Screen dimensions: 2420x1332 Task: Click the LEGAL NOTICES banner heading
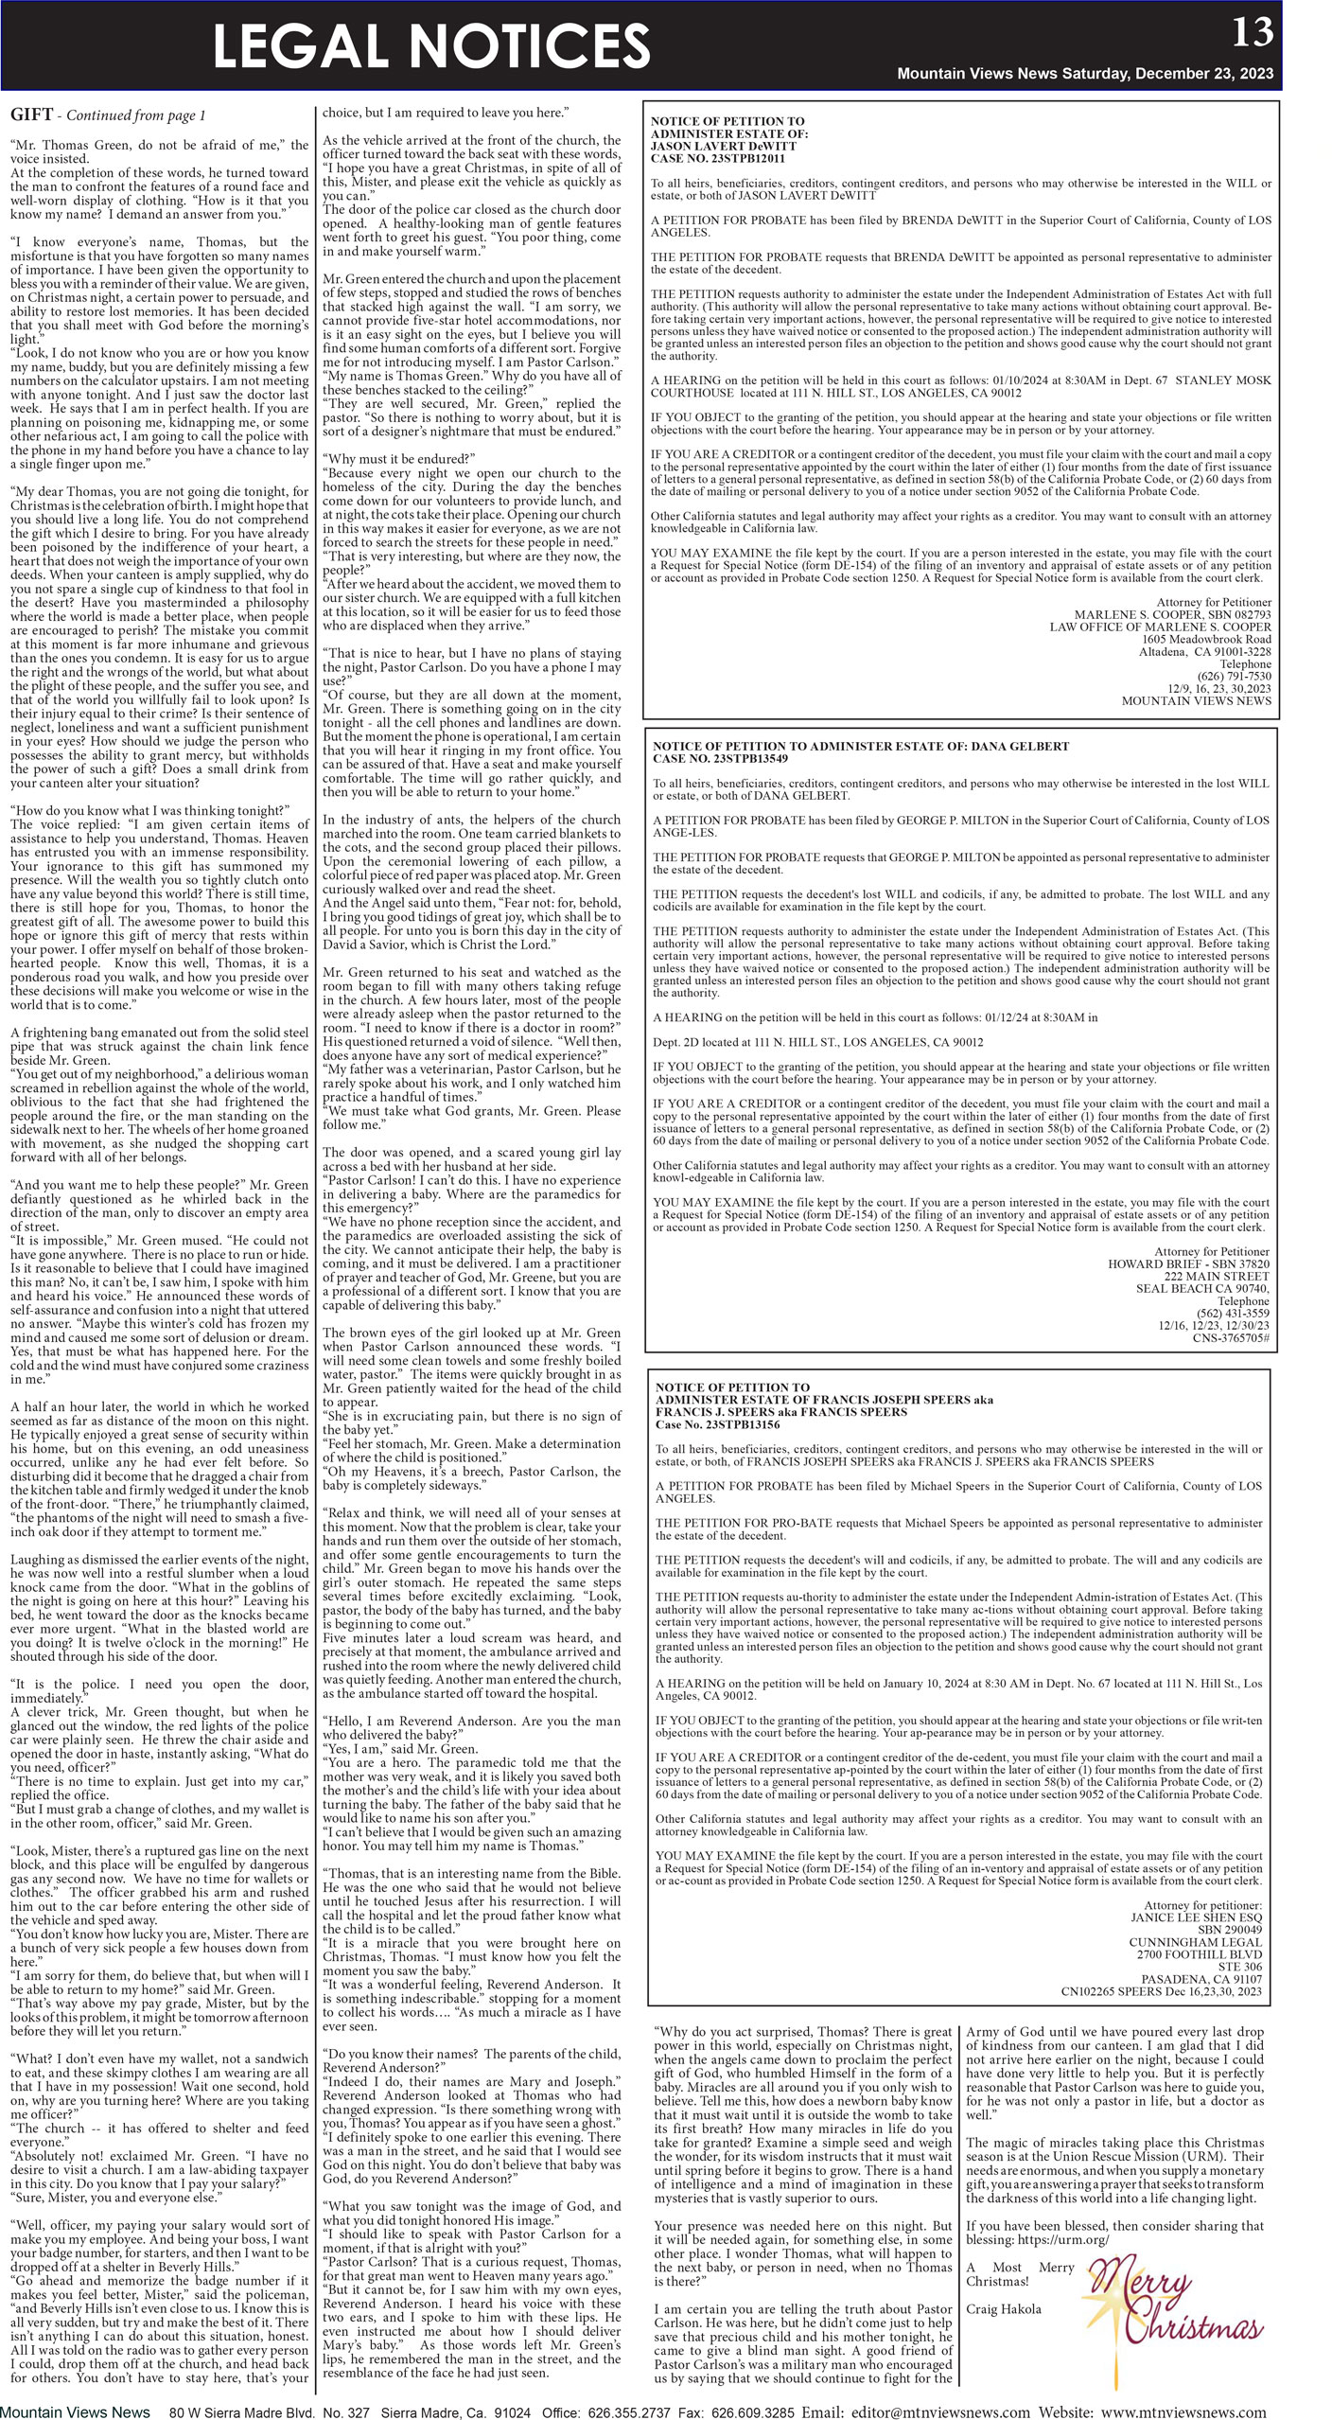pos(431,46)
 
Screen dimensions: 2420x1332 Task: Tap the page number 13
pos(1253,32)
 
